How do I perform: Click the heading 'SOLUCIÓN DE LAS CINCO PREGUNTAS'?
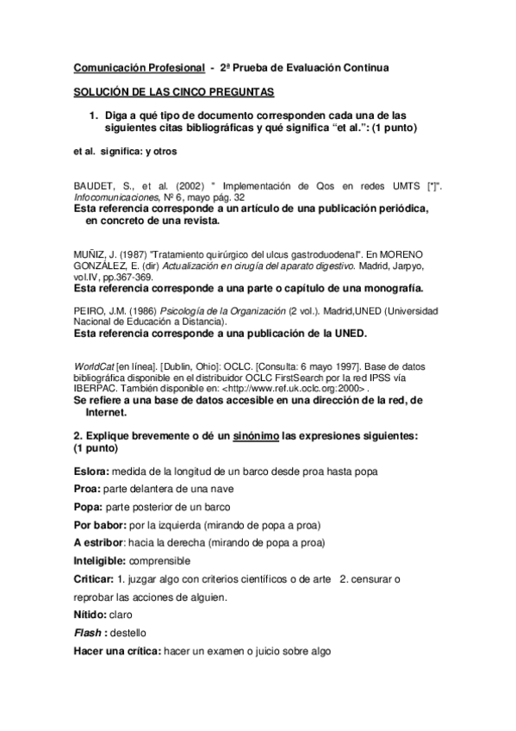pos(173,91)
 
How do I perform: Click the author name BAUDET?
pos(94,184)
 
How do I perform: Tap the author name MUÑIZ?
pos(90,253)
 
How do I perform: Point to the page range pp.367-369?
pos(127,277)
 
